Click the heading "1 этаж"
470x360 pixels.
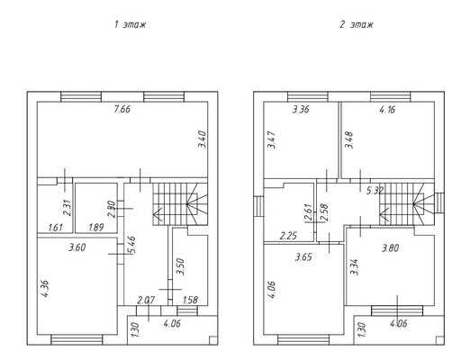(130, 24)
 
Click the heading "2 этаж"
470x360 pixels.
(357, 24)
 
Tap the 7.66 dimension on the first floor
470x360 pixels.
(122, 109)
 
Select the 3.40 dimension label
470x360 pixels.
(203, 139)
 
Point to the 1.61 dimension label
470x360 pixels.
(56, 227)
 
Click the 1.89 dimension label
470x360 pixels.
(96, 227)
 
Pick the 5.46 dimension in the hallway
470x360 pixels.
(132, 245)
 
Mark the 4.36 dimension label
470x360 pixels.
(45, 289)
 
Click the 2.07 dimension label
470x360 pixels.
(146, 300)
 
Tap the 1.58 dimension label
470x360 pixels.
(190, 300)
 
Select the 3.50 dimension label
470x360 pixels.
(181, 266)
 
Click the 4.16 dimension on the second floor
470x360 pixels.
(387, 110)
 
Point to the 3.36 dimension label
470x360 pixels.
(301, 110)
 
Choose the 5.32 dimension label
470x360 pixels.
(375, 191)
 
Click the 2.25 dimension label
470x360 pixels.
(288, 236)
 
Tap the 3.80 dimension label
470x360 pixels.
(390, 248)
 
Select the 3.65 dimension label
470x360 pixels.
(303, 257)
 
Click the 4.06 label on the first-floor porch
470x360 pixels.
(172, 324)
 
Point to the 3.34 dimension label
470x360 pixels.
(355, 266)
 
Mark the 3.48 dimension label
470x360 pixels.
(349, 140)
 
